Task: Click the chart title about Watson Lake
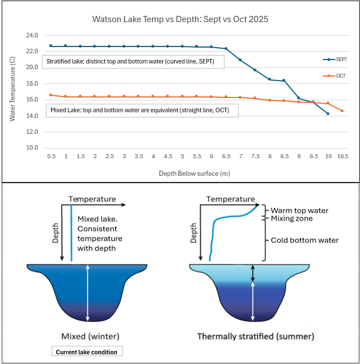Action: [x=181, y=19]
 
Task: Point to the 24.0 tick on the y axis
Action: [x=31, y=35]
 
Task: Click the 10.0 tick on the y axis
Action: [x=31, y=148]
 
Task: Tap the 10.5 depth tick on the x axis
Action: [x=342, y=156]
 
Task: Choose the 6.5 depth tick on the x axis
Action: [x=226, y=156]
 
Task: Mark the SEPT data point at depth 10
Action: [x=327, y=114]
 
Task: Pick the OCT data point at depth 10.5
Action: [x=342, y=111]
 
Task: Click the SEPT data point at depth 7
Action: [x=240, y=60]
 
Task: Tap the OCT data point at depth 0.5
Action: [x=51, y=95]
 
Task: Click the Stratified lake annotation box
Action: [x=133, y=62]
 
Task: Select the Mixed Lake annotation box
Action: [x=140, y=111]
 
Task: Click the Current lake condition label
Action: [x=86, y=352]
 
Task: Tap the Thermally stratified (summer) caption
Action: [x=255, y=337]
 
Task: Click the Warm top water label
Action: [x=299, y=211]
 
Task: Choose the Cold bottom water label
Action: [x=305, y=240]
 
